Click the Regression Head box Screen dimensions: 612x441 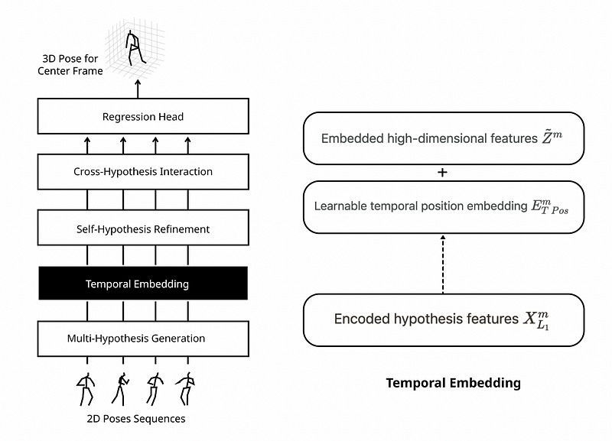pos(143,116)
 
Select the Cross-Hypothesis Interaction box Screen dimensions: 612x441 pos(143,171)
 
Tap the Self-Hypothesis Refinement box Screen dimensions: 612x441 pos(143,228)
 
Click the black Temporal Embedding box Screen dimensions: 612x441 pos(143,284)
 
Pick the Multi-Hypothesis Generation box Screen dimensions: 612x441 pos(143,339)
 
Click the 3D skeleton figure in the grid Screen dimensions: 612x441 pos(135,48)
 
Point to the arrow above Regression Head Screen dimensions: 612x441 pos(138,89)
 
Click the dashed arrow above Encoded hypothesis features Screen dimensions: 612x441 pos(443,264)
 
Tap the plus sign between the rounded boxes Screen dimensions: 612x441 pos(442,172)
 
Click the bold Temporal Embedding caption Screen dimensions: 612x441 pos(453,383)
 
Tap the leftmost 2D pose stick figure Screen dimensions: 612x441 pos(86,389)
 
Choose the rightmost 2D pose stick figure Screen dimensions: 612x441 pos(185,389)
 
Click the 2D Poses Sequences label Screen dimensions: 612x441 pos(136,419)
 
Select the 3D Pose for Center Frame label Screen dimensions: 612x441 pos(70,65)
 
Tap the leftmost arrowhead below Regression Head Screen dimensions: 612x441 pos(87,140)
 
